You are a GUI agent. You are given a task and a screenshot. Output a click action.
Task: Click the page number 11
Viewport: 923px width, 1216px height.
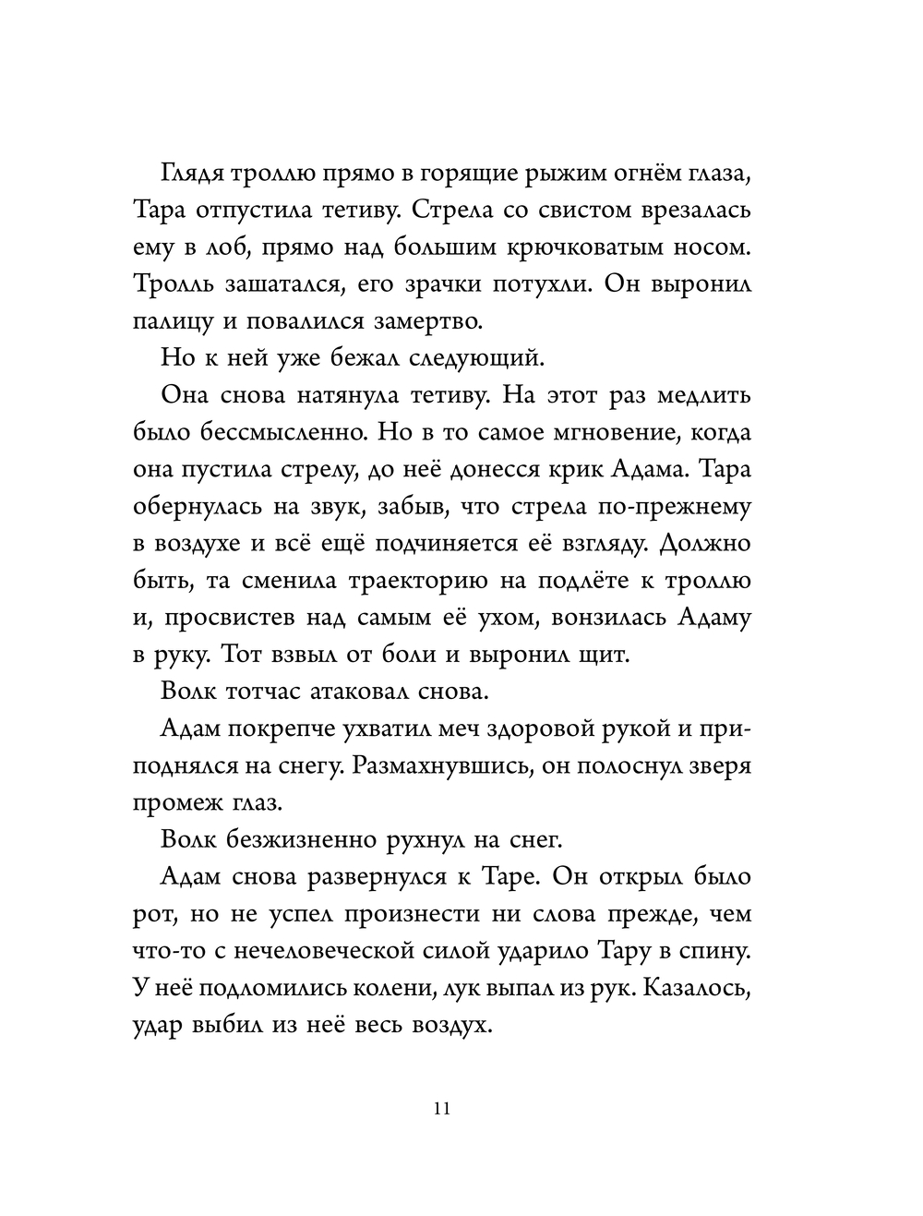(440, 1109)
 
